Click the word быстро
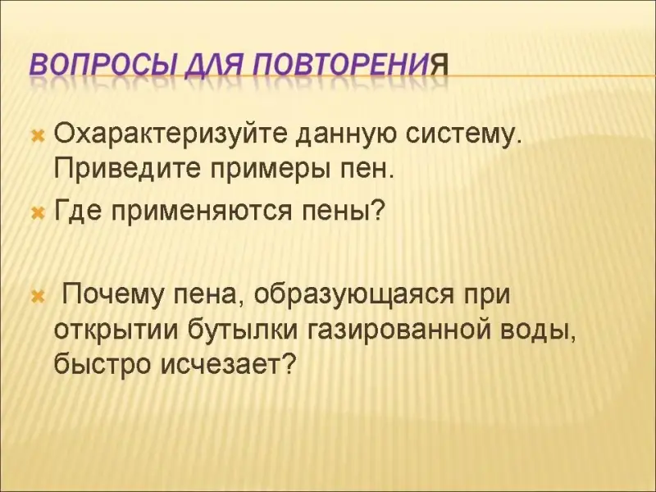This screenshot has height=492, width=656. [103, 365]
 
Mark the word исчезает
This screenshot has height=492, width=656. [226, 365]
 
